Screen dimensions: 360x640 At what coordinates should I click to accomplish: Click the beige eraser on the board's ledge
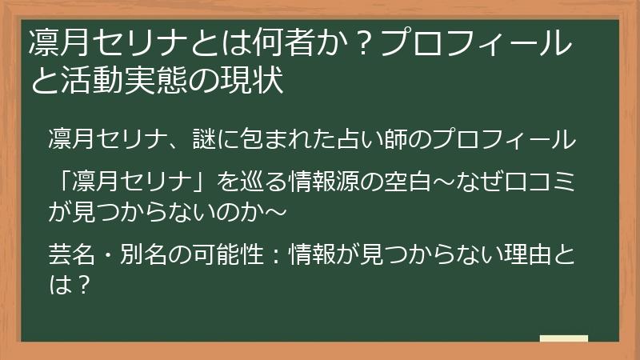pyautogui.click(x=563, y=338)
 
